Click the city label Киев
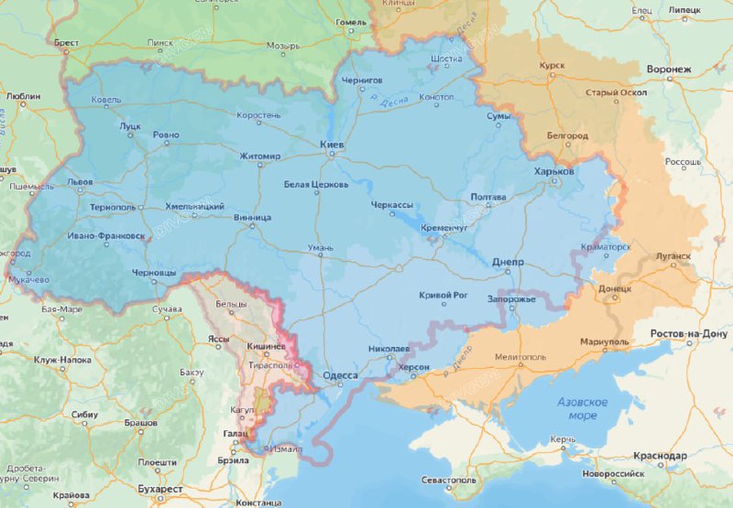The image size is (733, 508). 332,145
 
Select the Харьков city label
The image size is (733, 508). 554,171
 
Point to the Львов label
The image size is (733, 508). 80,182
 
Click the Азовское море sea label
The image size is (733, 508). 583,409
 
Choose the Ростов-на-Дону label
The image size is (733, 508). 688,333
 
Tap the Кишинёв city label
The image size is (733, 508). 268,348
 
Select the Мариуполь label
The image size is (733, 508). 604,341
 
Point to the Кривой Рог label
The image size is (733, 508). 443,295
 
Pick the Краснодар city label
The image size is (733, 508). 660,455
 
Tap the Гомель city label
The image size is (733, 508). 351,21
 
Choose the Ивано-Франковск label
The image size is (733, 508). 105,235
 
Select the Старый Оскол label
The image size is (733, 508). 617,92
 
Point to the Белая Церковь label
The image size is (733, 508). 316,184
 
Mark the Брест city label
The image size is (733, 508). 67,42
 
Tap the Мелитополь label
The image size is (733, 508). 520,357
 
